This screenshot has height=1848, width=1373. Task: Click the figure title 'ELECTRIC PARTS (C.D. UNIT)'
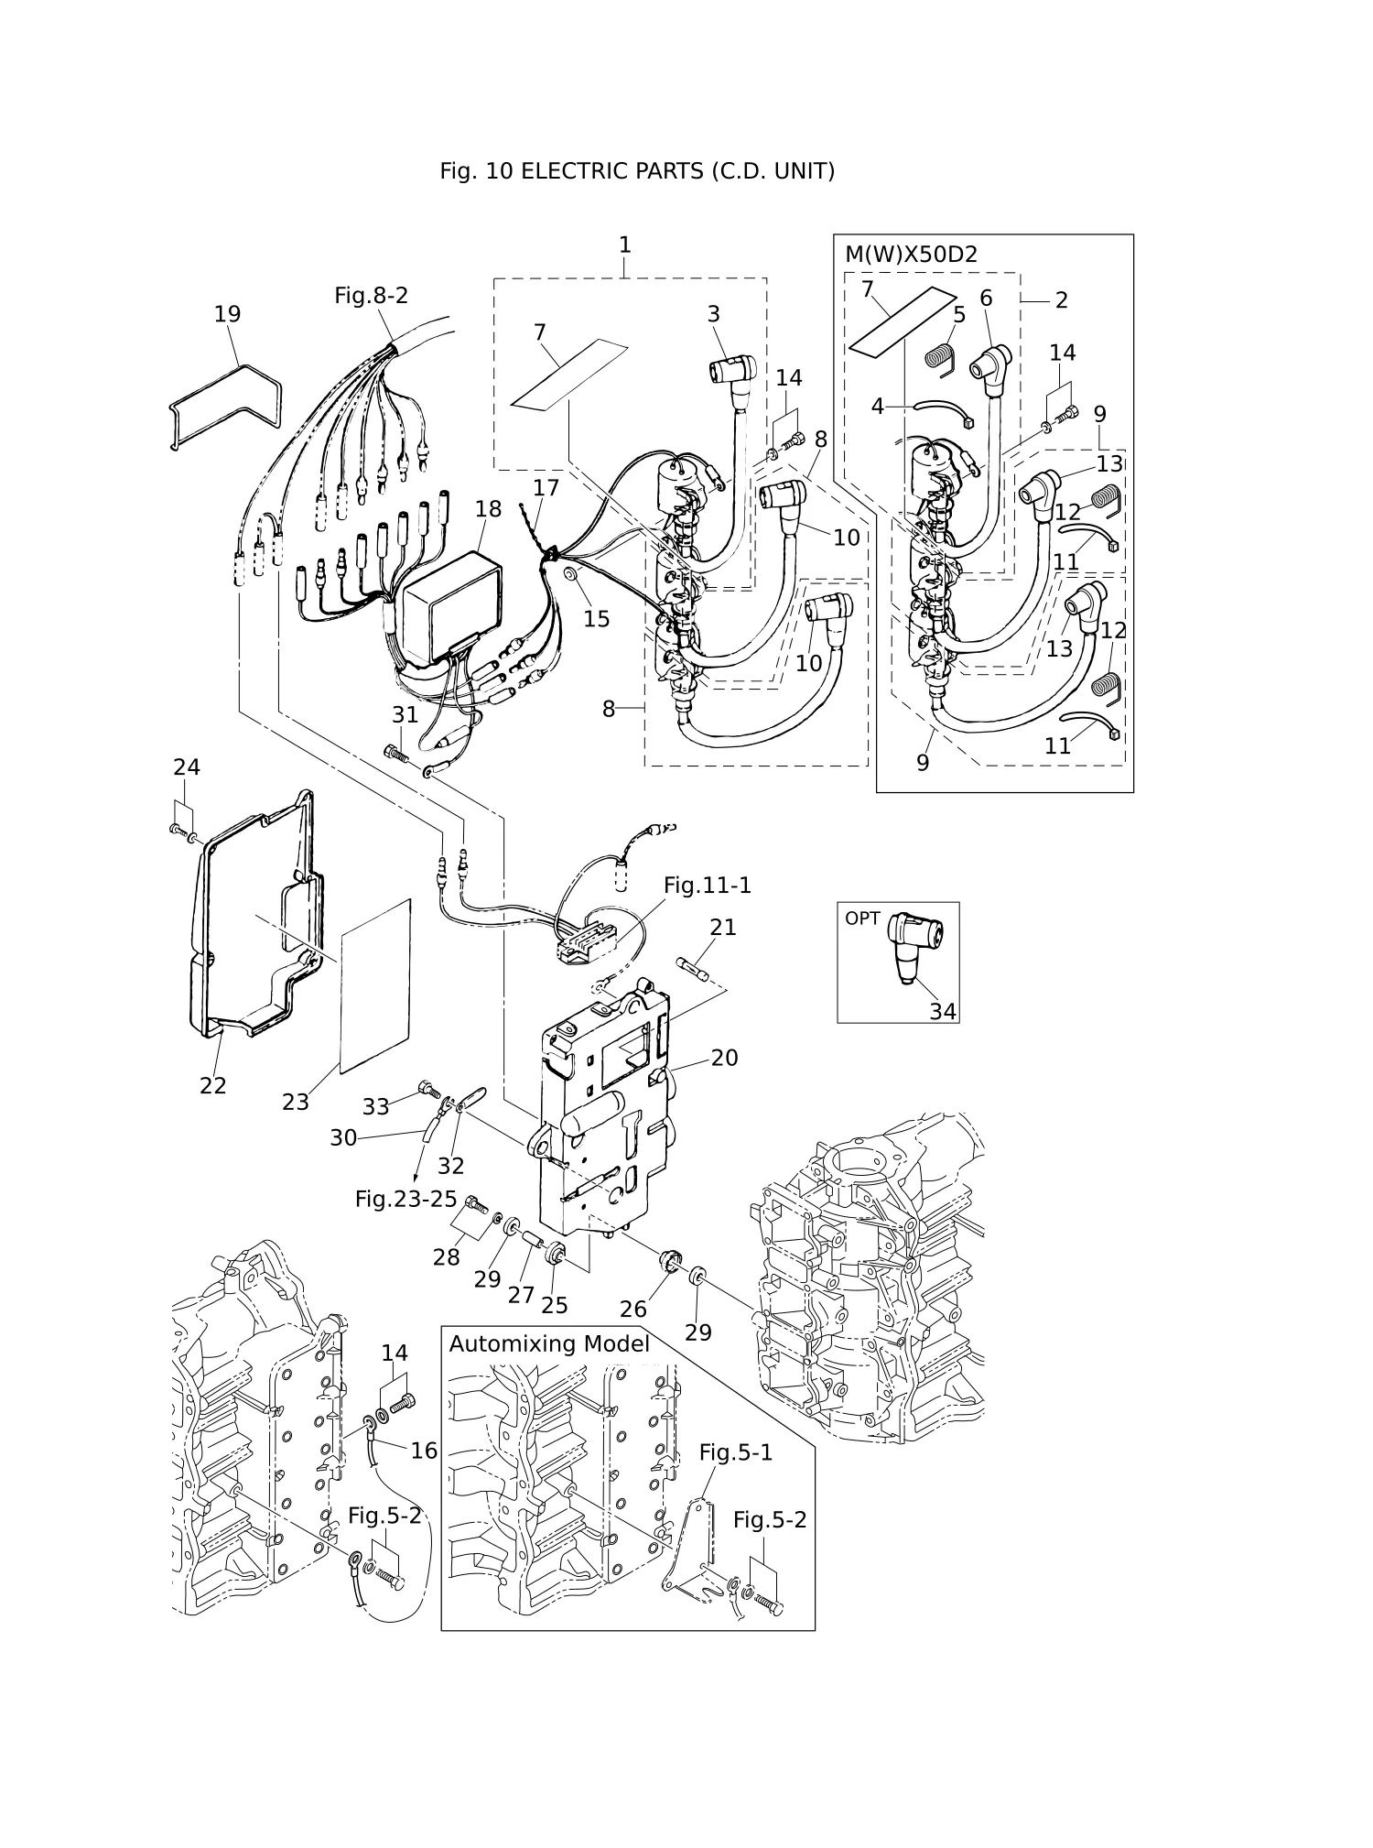[677, 171]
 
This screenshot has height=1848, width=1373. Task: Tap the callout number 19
[227, 314]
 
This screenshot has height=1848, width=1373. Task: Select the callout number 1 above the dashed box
[625, 245]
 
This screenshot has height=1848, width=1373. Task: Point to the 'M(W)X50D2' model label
[911, 255]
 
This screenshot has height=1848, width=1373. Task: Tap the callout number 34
[943, 1011]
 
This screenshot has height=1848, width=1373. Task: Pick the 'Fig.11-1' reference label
[707, 886]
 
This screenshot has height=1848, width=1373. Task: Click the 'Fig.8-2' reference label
[371, 296]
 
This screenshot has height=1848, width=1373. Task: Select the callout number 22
[212, 1085]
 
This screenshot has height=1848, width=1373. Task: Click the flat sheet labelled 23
[375, 986]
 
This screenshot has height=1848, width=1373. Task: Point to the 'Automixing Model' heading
[549, 1343]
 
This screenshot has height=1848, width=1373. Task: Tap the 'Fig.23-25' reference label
[405, 1199]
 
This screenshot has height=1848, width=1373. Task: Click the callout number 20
[724, 1058]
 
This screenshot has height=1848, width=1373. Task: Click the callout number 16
[424, 1451]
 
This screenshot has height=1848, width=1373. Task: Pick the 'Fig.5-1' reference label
[736, 1452]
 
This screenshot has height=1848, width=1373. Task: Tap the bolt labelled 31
[396, 754]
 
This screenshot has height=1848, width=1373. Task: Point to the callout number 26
[633, 1310]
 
